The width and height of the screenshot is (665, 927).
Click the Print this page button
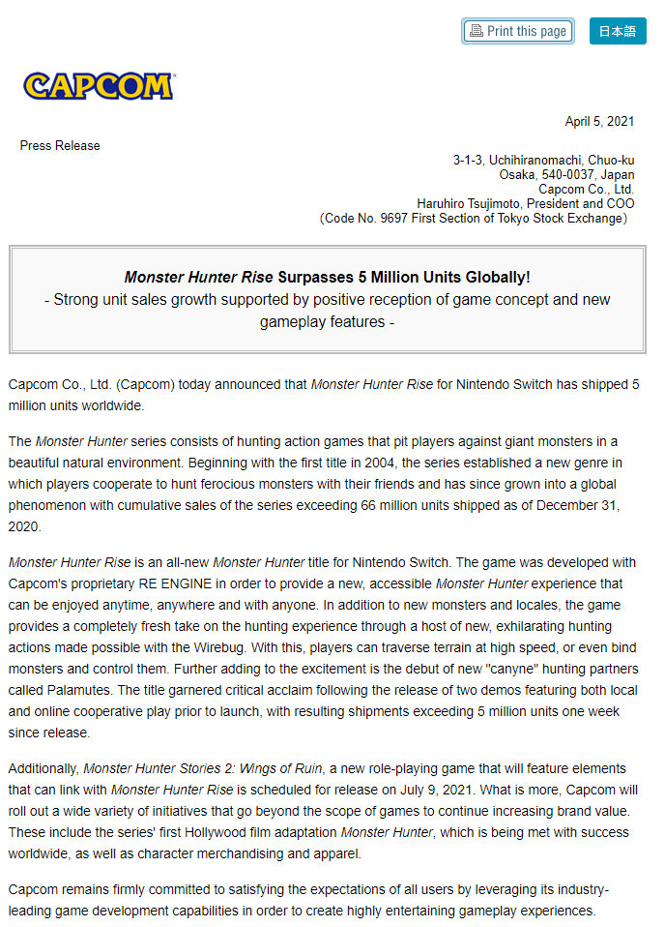click(517, 31)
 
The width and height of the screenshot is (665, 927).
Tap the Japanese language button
click(617, 31)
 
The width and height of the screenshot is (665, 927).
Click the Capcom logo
click(99, 86)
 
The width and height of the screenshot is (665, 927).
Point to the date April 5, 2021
click(599, 121)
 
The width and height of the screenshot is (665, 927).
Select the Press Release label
click(60, 145)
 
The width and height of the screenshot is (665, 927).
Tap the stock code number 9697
click(396, 218)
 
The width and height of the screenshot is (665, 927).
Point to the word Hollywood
click(196, 832)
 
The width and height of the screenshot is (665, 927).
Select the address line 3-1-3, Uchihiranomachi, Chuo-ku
click(543, 160)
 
